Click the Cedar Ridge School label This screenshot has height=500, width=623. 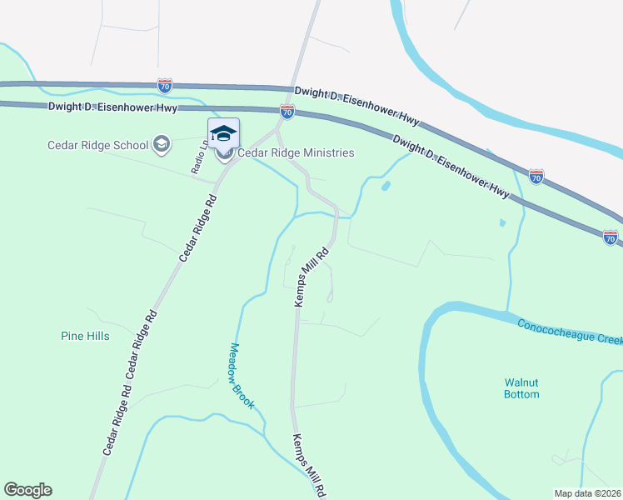[x=97, y=145]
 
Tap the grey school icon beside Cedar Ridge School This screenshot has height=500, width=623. [x=162, y=145]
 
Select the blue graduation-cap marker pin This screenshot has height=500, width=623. [x=223, y=133]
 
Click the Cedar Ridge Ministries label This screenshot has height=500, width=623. [x=296, y=152]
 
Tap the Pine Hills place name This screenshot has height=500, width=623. [x=85, y=337]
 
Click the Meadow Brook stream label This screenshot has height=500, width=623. [x=242, y=376]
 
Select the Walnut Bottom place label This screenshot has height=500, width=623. [x=521, y=388]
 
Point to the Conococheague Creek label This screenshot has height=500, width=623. [x=570, y=334]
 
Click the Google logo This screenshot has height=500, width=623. [x=27, y=490]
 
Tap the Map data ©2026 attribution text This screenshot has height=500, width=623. [x=588, y=493]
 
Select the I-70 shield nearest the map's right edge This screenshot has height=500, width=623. [x=611, y=237]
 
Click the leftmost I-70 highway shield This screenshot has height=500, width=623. [x=164, y=85]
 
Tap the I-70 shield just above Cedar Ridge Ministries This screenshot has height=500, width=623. [x=287, y=110]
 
